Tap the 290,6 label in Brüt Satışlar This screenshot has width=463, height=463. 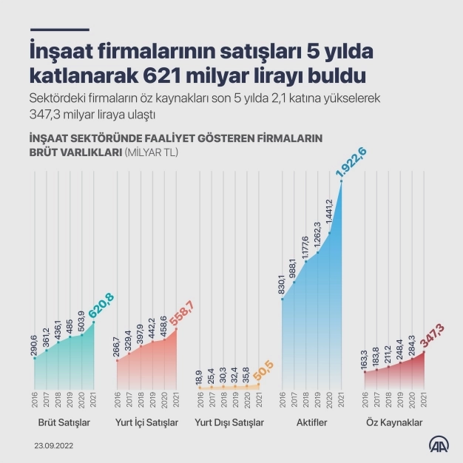pos(34,346)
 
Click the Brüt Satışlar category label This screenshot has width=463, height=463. pos(64,422)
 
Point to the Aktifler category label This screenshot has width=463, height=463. pos(311,422)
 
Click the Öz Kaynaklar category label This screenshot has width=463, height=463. pos(395,422)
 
